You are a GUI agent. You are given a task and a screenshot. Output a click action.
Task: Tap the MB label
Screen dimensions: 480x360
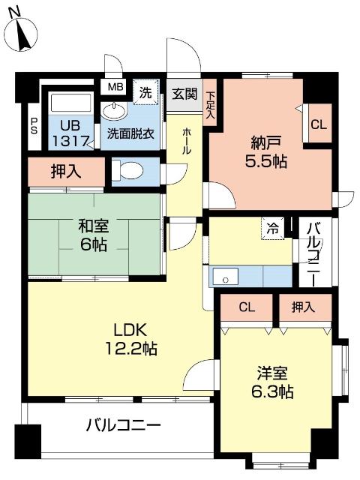[x=115, y=87]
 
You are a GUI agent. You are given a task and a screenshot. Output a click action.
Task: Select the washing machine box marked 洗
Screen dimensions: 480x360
[x=146, y=92]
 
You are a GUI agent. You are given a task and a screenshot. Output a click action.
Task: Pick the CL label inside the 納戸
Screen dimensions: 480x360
[x=318, y=125]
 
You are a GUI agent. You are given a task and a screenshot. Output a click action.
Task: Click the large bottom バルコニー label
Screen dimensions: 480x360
[x=123, y=425]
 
